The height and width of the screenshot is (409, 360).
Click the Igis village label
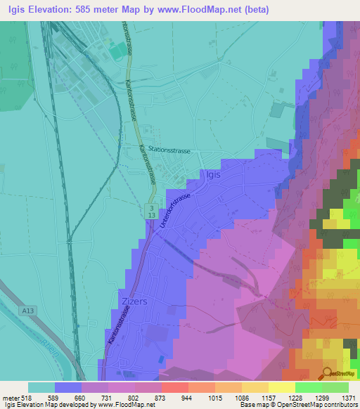[x=211, y=176]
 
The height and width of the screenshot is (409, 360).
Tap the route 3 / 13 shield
[x=151, y=211]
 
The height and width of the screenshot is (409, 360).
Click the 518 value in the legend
[x=28, y=398]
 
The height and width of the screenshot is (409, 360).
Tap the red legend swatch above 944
[x=174, y=387]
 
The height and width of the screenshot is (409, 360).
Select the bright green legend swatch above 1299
[x=308, y=387]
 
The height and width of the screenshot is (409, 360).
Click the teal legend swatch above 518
[x=41, y=387]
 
